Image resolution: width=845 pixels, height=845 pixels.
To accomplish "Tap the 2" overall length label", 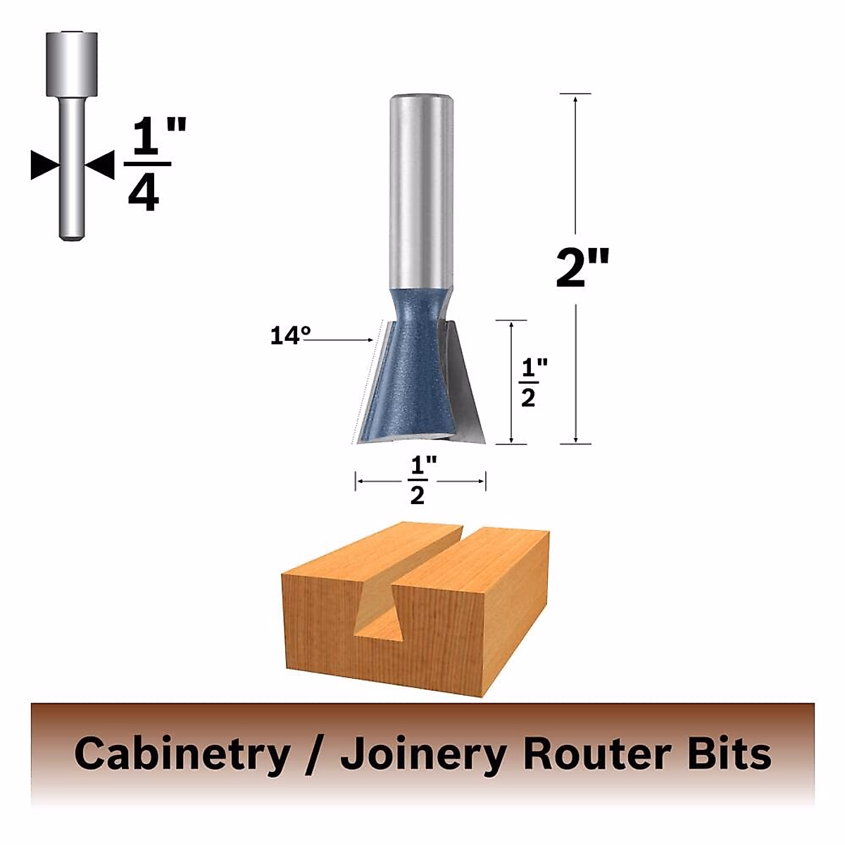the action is (582, 268).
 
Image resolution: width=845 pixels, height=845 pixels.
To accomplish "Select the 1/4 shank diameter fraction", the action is (149, 165).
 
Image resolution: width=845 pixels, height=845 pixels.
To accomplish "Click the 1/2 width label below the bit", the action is (418, 481).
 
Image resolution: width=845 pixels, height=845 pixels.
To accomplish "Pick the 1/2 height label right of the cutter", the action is (528, 382).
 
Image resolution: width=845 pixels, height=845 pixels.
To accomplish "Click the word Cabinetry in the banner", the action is (182, 754).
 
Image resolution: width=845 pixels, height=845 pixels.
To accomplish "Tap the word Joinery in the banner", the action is (422, 754).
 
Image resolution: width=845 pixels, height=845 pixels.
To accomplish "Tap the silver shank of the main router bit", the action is (420, 190).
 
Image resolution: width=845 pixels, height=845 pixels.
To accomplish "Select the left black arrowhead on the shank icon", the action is (44, 164).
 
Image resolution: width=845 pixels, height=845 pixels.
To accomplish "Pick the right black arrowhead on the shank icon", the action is (100, 164).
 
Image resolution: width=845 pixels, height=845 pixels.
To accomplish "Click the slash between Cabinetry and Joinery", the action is (315, 754).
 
